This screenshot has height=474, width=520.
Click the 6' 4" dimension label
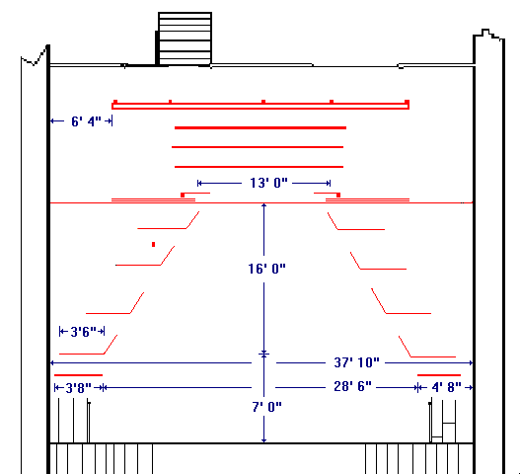tap(86, 121)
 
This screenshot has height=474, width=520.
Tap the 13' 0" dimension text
tap(268, 183)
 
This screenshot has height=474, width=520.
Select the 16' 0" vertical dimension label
tap(266, 269)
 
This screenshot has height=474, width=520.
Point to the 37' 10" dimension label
tap(356, 362)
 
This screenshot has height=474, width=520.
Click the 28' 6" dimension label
tap(352, 386)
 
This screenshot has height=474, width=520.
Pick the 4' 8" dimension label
tap(446, 387)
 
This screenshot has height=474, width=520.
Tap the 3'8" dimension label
tap(78, 388)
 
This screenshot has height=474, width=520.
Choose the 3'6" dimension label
tap(83, 331)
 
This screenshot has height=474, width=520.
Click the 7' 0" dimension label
tap(266, 407)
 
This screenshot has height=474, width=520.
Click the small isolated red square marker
tap(153, 244)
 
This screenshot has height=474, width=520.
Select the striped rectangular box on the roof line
tap(185, 39)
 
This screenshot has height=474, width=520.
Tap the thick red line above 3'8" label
tap(78, 375)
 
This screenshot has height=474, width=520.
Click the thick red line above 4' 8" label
tap(439, 375)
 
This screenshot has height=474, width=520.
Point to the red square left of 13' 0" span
tap(183, 196)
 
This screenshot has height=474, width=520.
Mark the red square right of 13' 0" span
tap(338, 196)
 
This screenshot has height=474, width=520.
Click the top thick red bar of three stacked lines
tap(260, 127)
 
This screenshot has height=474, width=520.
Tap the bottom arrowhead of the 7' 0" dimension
tap(264, 440)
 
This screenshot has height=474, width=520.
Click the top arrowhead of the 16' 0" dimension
tap(264, 205)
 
